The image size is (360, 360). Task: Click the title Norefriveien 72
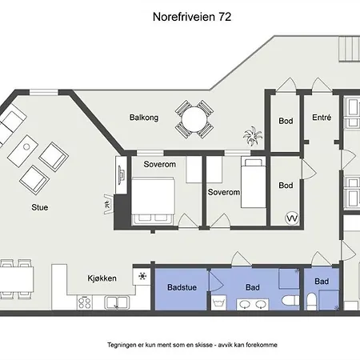(192, 17)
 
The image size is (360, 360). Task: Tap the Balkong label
(144, 118)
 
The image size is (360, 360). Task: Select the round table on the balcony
(194, 119)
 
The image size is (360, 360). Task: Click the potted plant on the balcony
(253, 136)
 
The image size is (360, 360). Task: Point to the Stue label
(40, 207)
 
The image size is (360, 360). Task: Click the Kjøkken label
(102, 278)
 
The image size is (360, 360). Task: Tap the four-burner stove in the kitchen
(85, 302)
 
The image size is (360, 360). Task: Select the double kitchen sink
(117, 302)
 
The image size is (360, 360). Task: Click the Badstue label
(182, 287)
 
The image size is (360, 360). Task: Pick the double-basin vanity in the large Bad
(253, 304)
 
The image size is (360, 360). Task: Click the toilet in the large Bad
(290, 300)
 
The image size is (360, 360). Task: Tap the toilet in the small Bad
(311, 302)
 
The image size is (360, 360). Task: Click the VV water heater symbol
(292, 218)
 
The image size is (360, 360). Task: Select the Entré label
(322, 118)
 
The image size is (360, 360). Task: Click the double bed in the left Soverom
(153, 201)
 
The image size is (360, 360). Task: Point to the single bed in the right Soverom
(254, 183)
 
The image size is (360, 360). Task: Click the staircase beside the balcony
(350, 49)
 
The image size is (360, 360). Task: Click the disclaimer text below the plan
(192, 345)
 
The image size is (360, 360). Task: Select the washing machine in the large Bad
(218, 302)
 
